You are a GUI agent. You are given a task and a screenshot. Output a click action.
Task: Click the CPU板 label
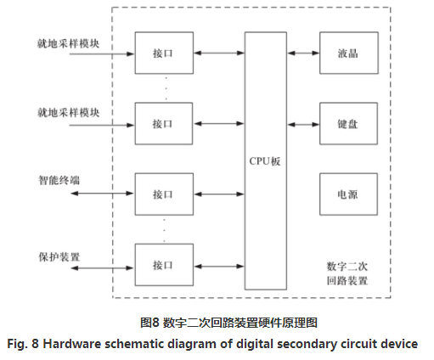pyautogui.click(x=265, y=161)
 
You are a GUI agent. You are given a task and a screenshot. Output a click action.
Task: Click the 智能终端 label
pyautogui.click(x=59, y=180)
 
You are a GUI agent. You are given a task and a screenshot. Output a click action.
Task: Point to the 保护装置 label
pyautogui.click(x=59, y=257)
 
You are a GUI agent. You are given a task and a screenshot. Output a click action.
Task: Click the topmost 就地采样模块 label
pyautogui.click(x=68, y=43)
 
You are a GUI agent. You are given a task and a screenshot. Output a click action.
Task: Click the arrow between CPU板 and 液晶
pyautogui.click(x=303, y=53)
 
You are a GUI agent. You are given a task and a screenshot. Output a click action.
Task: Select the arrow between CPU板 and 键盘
pyautogui.click(x=303, y=124)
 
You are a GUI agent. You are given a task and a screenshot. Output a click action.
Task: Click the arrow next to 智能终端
pyautogui.click(x=102, y=194)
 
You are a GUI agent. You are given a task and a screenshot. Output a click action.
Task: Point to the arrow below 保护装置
pyautogui.click(x=102, y=267)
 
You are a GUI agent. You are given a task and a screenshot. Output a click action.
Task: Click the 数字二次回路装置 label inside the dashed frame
pyautogui.click(x=347, y=273)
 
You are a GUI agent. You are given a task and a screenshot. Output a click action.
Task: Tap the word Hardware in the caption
pyautogui.click(x=72, y=344)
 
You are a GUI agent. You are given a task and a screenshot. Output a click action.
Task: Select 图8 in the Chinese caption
pyautogui.click(x=149, y=323)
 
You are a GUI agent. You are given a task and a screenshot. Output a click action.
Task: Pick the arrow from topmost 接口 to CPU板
pyautogui.click(x=219, y=53)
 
